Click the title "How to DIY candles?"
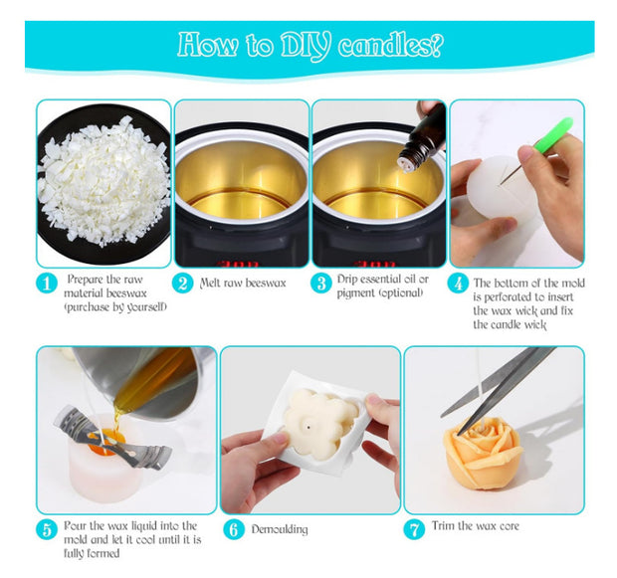310,46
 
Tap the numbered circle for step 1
47,284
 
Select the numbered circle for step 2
182,284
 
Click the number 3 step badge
321,284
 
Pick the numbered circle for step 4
458,284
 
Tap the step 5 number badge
47,529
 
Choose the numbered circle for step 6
234,529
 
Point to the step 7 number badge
414,529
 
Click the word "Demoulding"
280,529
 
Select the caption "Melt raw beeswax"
243,284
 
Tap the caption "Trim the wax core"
476,526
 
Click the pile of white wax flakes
104,180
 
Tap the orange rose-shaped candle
483,453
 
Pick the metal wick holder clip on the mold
112,437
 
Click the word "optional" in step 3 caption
401,293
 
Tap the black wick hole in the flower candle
308,426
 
